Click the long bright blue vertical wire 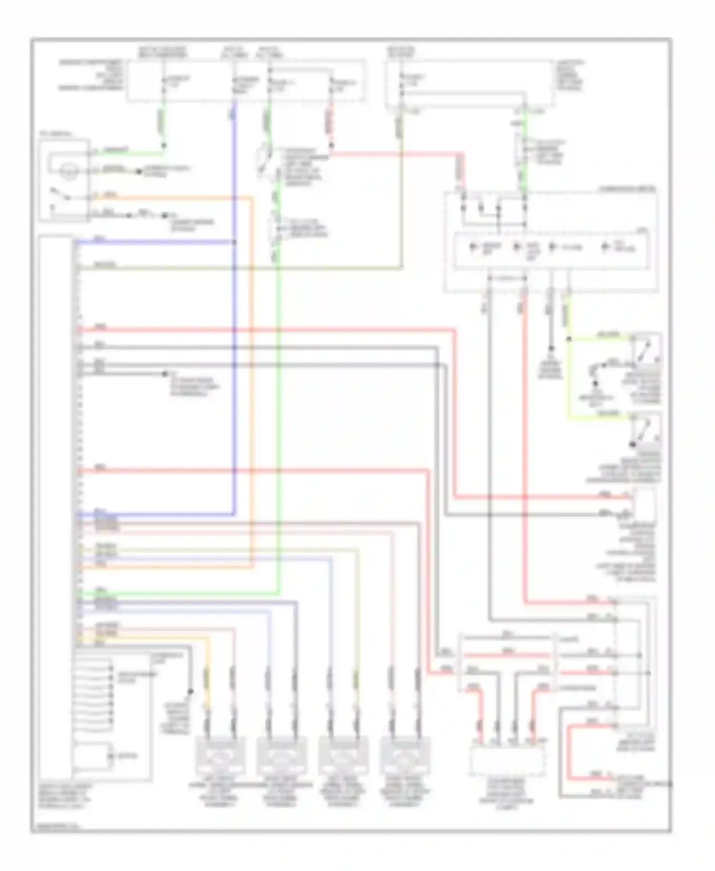[235, 381]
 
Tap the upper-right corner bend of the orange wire [252, 198]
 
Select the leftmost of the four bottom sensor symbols [221, 757]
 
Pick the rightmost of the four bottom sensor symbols [405, 757]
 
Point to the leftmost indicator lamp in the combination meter [473, 247]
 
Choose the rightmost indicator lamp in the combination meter [605, 247]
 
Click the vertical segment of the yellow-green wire [569, 376]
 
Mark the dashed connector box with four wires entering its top [507, 760]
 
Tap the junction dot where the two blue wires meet [235, 243]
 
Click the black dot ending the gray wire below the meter [551, 349]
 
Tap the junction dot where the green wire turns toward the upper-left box [163, 145]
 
